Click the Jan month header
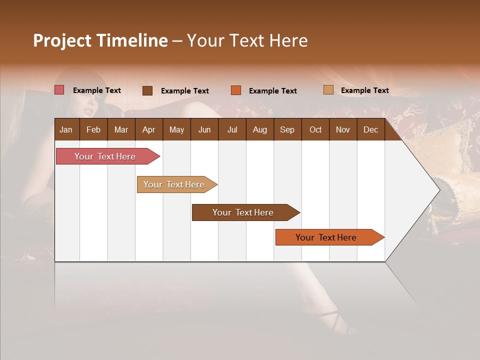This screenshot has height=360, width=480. pos(66,129)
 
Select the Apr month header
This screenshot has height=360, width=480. pos(148,129)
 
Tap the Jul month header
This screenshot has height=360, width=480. pos(232,129)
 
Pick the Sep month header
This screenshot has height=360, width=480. pos(287,129)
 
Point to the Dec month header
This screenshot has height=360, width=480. pos(370,129)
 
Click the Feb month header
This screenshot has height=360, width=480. pos(93,129)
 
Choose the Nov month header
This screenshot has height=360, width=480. pos(342,129)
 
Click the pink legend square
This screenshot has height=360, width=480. pos(59,90)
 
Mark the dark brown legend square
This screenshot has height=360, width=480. pos(147,90)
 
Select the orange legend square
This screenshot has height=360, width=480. pos(236,90)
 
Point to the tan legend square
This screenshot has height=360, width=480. pos(328,90)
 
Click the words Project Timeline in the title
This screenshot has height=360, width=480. pos(100,40)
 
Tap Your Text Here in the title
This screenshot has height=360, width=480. pos(247,40)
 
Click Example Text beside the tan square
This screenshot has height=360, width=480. pos(364,90)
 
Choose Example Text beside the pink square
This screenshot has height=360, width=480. pos(97,90)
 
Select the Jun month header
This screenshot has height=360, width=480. pos(204,129)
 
